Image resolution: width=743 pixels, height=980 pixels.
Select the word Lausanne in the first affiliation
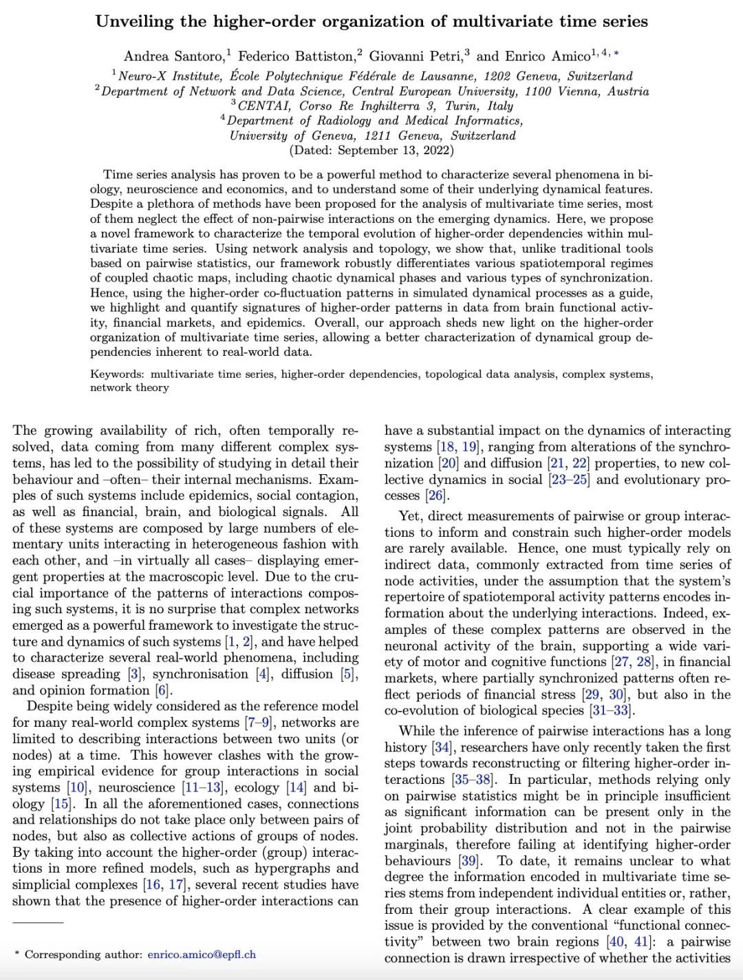[447, 76]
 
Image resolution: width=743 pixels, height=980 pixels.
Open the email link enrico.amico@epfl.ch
[202, 955]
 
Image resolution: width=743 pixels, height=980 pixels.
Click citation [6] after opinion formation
[162, 690]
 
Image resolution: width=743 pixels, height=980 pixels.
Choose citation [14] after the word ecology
[297, 788]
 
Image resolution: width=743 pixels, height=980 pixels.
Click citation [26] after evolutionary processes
[435, 496]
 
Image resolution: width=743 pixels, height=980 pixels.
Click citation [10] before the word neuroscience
[78, 788]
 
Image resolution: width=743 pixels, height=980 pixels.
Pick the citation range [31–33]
[612, 711]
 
